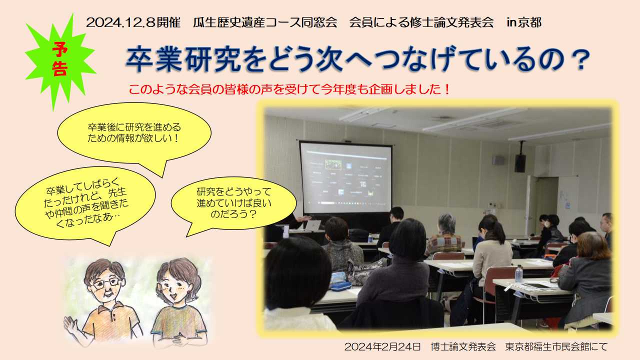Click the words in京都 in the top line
pos(524,22)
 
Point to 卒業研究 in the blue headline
pos(183,59)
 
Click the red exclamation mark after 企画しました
pos(447,89)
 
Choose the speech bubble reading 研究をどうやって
pos(233,205)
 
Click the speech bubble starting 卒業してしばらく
pos(85,203)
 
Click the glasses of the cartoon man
pos(106,282)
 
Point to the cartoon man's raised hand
pos(71,325)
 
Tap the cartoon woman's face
pos(176,289)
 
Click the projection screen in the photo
pos(346,177)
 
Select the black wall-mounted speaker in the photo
pos(520,163)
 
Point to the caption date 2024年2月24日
pos(382,347)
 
